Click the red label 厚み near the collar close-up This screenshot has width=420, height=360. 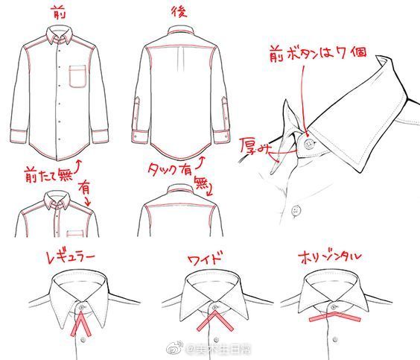click(x=254, y=145)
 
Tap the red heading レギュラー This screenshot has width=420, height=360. click(x=69, y=257)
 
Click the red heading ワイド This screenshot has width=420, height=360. click(x=206, y=259)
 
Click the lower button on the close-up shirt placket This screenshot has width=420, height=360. click(x=296, y=210)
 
